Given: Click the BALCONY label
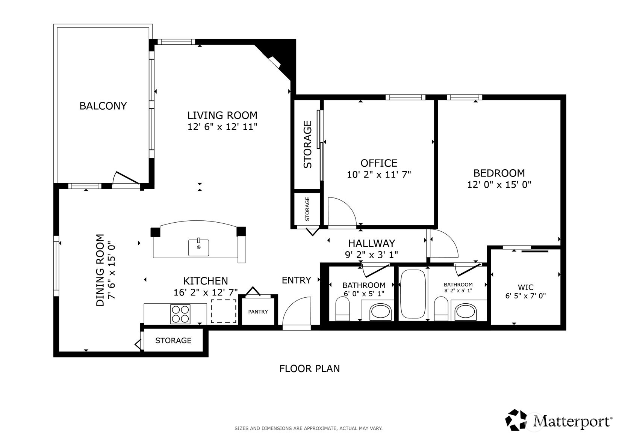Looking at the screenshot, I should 103,106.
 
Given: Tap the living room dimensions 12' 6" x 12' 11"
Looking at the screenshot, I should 222,127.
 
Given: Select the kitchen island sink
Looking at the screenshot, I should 198,247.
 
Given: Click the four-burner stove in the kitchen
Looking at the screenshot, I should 180,314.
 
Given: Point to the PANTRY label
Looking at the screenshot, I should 258,312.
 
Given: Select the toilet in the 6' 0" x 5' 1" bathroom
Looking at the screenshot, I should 342,309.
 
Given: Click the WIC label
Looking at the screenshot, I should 525,288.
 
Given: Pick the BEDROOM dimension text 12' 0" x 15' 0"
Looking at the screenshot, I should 499,185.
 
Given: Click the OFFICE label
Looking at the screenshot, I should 378,163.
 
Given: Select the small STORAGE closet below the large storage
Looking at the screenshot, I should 307,209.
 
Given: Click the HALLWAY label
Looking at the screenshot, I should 371,243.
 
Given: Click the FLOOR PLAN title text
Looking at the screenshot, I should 309,369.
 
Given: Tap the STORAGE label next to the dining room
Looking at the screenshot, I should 173,341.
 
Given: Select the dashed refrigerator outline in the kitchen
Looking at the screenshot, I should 223,311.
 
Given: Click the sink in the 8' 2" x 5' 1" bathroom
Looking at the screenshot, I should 465,312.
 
